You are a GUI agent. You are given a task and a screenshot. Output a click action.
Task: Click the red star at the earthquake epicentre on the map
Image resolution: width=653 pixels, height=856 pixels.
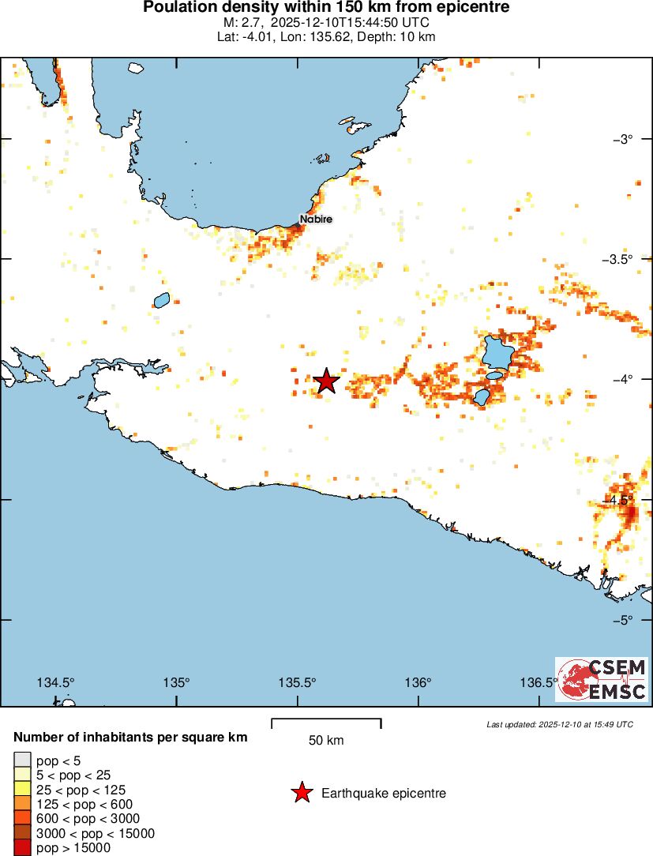326,381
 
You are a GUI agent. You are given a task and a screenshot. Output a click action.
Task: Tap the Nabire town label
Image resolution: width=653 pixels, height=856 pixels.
316,219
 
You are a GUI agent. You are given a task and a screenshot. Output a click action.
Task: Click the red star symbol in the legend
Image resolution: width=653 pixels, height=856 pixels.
301,793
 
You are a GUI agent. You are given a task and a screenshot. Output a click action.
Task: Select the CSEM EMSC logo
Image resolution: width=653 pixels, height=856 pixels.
602,680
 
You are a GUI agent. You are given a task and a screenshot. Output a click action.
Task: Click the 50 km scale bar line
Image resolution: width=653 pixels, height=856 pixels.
326,719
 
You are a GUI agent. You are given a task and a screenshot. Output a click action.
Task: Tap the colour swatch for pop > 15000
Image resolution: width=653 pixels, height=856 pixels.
21,848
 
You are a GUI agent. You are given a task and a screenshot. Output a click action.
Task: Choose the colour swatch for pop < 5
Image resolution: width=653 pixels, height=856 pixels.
21,760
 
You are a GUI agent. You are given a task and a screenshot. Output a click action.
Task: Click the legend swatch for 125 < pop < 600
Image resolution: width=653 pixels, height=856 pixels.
21,805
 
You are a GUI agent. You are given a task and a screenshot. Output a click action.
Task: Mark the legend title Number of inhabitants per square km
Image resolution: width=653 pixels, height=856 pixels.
131,738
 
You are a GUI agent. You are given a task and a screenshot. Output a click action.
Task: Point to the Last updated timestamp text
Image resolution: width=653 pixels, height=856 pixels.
560,724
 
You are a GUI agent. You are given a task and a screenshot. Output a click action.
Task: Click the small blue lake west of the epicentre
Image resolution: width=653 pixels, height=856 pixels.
161,300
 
